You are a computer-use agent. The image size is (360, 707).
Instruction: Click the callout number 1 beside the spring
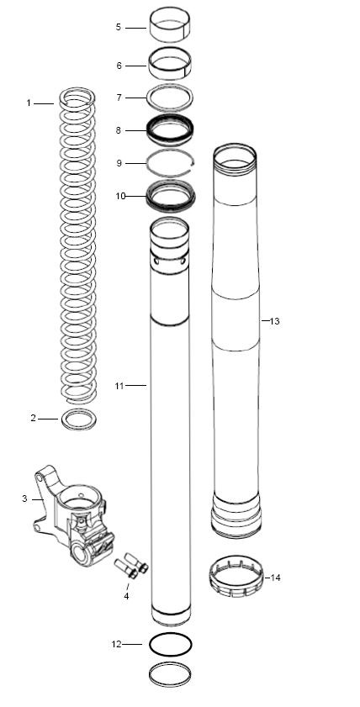29,103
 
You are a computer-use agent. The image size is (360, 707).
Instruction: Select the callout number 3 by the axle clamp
24,499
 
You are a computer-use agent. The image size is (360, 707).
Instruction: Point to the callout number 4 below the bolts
126,596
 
